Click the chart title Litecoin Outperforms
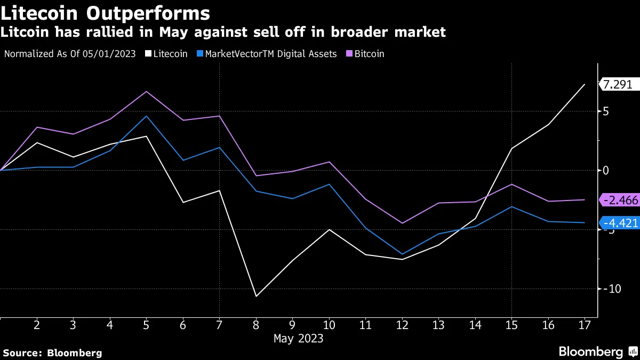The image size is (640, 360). pos(105,12)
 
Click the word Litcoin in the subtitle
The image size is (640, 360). pos(25,33)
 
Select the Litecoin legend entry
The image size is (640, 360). pos(167,54)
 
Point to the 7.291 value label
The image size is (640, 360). pos(619,84)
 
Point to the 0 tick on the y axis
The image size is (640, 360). pos(606,171)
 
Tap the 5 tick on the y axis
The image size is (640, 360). pos(606,111)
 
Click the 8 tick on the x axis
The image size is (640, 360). pos(255,325)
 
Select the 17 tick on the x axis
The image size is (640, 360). pos(585,325)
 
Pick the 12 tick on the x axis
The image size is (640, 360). pos(402,325)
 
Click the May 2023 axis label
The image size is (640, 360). pos(298,338)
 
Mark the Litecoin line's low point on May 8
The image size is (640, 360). pos(256,296)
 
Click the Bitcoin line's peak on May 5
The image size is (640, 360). pos(146,91)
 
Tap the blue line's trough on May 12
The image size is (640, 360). pos(402,254)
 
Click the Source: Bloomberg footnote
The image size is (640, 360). pos(52,353)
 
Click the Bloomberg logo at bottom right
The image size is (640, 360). pos(597,352)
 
